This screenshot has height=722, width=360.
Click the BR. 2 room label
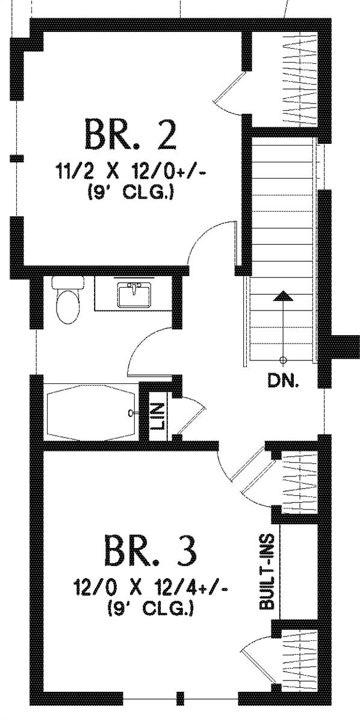coord(131,135)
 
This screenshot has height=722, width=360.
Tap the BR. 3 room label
coord(150,551)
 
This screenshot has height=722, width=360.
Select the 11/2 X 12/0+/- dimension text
coord(131,171)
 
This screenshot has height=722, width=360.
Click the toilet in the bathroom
coord(68,300)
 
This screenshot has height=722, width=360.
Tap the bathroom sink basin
coord(134,295)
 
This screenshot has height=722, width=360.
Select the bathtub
coord(91,412)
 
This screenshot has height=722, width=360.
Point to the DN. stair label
coord(283,381)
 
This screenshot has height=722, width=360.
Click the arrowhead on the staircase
coord(283,296)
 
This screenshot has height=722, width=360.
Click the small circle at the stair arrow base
coord(283,360)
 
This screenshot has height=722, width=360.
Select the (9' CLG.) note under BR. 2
coord(131,193)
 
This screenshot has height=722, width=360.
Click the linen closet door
coord(191,420)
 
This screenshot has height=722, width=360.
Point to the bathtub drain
coord(131,412)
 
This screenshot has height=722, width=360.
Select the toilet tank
coord(68,282)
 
